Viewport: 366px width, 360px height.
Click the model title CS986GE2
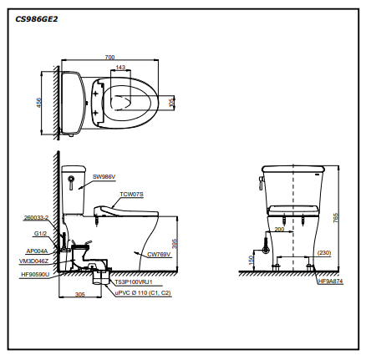pos(37,19)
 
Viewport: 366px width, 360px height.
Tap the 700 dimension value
pos(109,57)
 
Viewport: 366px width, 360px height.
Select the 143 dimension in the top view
pos(120,68)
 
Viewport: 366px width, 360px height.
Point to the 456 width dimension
pos(39,103)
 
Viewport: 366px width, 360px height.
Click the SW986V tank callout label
pos(104,176)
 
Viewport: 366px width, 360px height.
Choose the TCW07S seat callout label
pos(132,194)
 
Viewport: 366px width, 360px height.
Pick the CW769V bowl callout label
pos(159,254)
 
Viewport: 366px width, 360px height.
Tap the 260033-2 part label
pos(36,218)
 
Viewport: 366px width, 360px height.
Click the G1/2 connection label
pos(40,234)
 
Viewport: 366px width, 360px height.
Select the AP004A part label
pos(37,251)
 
